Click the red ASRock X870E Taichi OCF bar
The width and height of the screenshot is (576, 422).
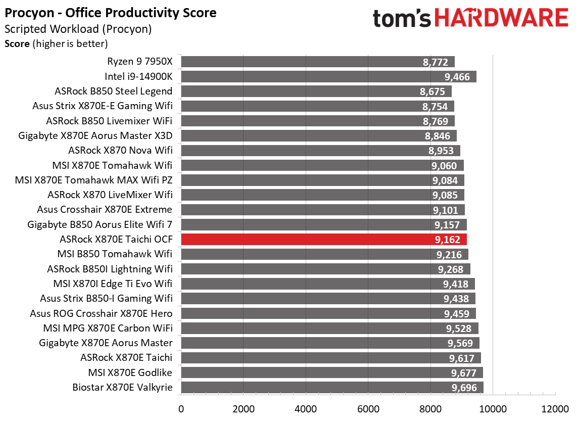tap(323, 239)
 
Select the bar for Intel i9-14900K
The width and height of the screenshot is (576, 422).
tap(328, 77)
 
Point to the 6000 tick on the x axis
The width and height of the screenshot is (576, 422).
tap(368, 408)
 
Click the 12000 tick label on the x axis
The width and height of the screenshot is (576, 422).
tap(555, 408)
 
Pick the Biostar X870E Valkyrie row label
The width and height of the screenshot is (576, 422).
tap(123, 388)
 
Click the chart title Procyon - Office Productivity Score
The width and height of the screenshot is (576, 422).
tap(111, 13)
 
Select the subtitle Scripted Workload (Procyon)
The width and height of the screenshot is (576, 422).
tap(78, 29)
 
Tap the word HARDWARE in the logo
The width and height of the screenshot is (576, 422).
tap(501, 19)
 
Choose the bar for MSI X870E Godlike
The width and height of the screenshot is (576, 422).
tap(331, 373)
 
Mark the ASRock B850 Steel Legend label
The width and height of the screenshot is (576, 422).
tap(114, 91)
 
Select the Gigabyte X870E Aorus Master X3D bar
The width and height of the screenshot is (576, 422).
tap(318, 136)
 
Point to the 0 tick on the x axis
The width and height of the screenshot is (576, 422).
tap(181, 408)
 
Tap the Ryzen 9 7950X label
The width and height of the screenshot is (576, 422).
tap(140, 62)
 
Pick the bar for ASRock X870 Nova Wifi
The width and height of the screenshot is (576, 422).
tap(320, 151)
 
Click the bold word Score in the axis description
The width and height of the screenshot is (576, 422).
tap(17, 44)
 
